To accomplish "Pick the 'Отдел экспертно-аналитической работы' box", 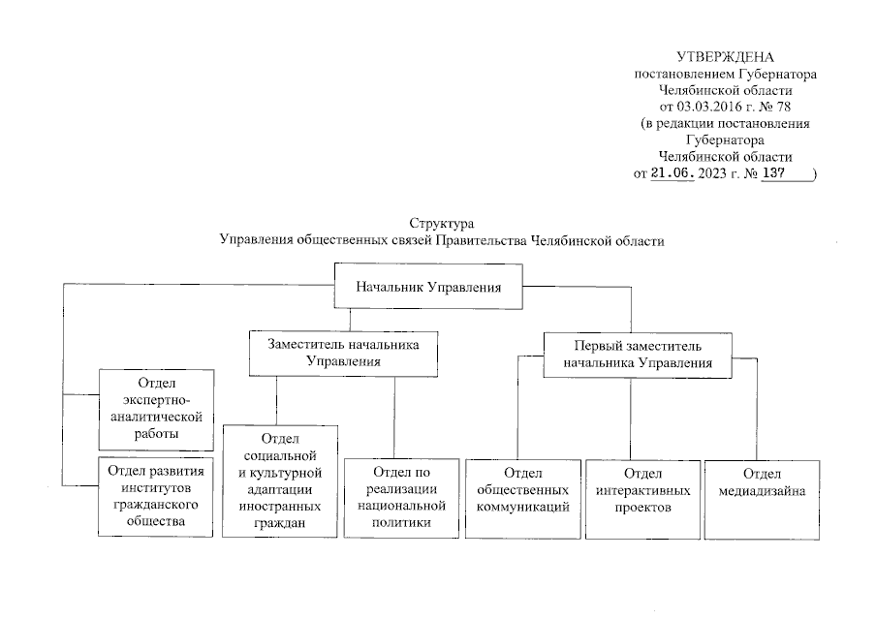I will point(156,410).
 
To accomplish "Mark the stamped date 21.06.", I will point(672,174).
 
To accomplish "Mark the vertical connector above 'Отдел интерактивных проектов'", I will point(631,418).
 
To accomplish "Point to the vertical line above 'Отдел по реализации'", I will point(393,417).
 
